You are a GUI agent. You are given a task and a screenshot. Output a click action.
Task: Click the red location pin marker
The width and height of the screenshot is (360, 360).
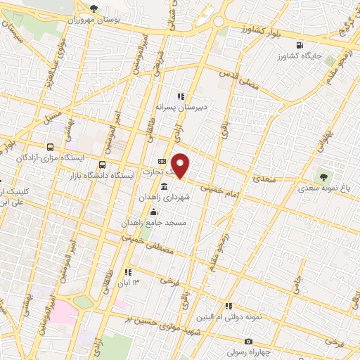click(x=181, y=165)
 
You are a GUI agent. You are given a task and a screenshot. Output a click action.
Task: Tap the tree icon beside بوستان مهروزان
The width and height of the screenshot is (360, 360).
click(x=94, y=8)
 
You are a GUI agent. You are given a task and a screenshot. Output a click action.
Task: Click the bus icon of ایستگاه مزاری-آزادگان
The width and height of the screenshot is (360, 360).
click(x=49, y=148)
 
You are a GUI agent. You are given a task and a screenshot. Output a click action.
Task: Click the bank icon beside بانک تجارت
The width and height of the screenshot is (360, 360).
click(x=162, y=162)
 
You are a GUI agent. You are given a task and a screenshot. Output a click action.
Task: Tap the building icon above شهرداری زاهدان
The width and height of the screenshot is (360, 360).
click(x=164, y=187)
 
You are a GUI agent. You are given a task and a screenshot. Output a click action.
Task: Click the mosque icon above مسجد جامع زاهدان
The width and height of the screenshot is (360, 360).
click(x=153, y=213)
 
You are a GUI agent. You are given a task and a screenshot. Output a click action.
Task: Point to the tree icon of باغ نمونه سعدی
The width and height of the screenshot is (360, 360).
click(x=323, y=176)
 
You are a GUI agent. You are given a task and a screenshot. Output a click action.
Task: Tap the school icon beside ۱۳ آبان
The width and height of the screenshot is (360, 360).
click(x=127, y=272)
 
